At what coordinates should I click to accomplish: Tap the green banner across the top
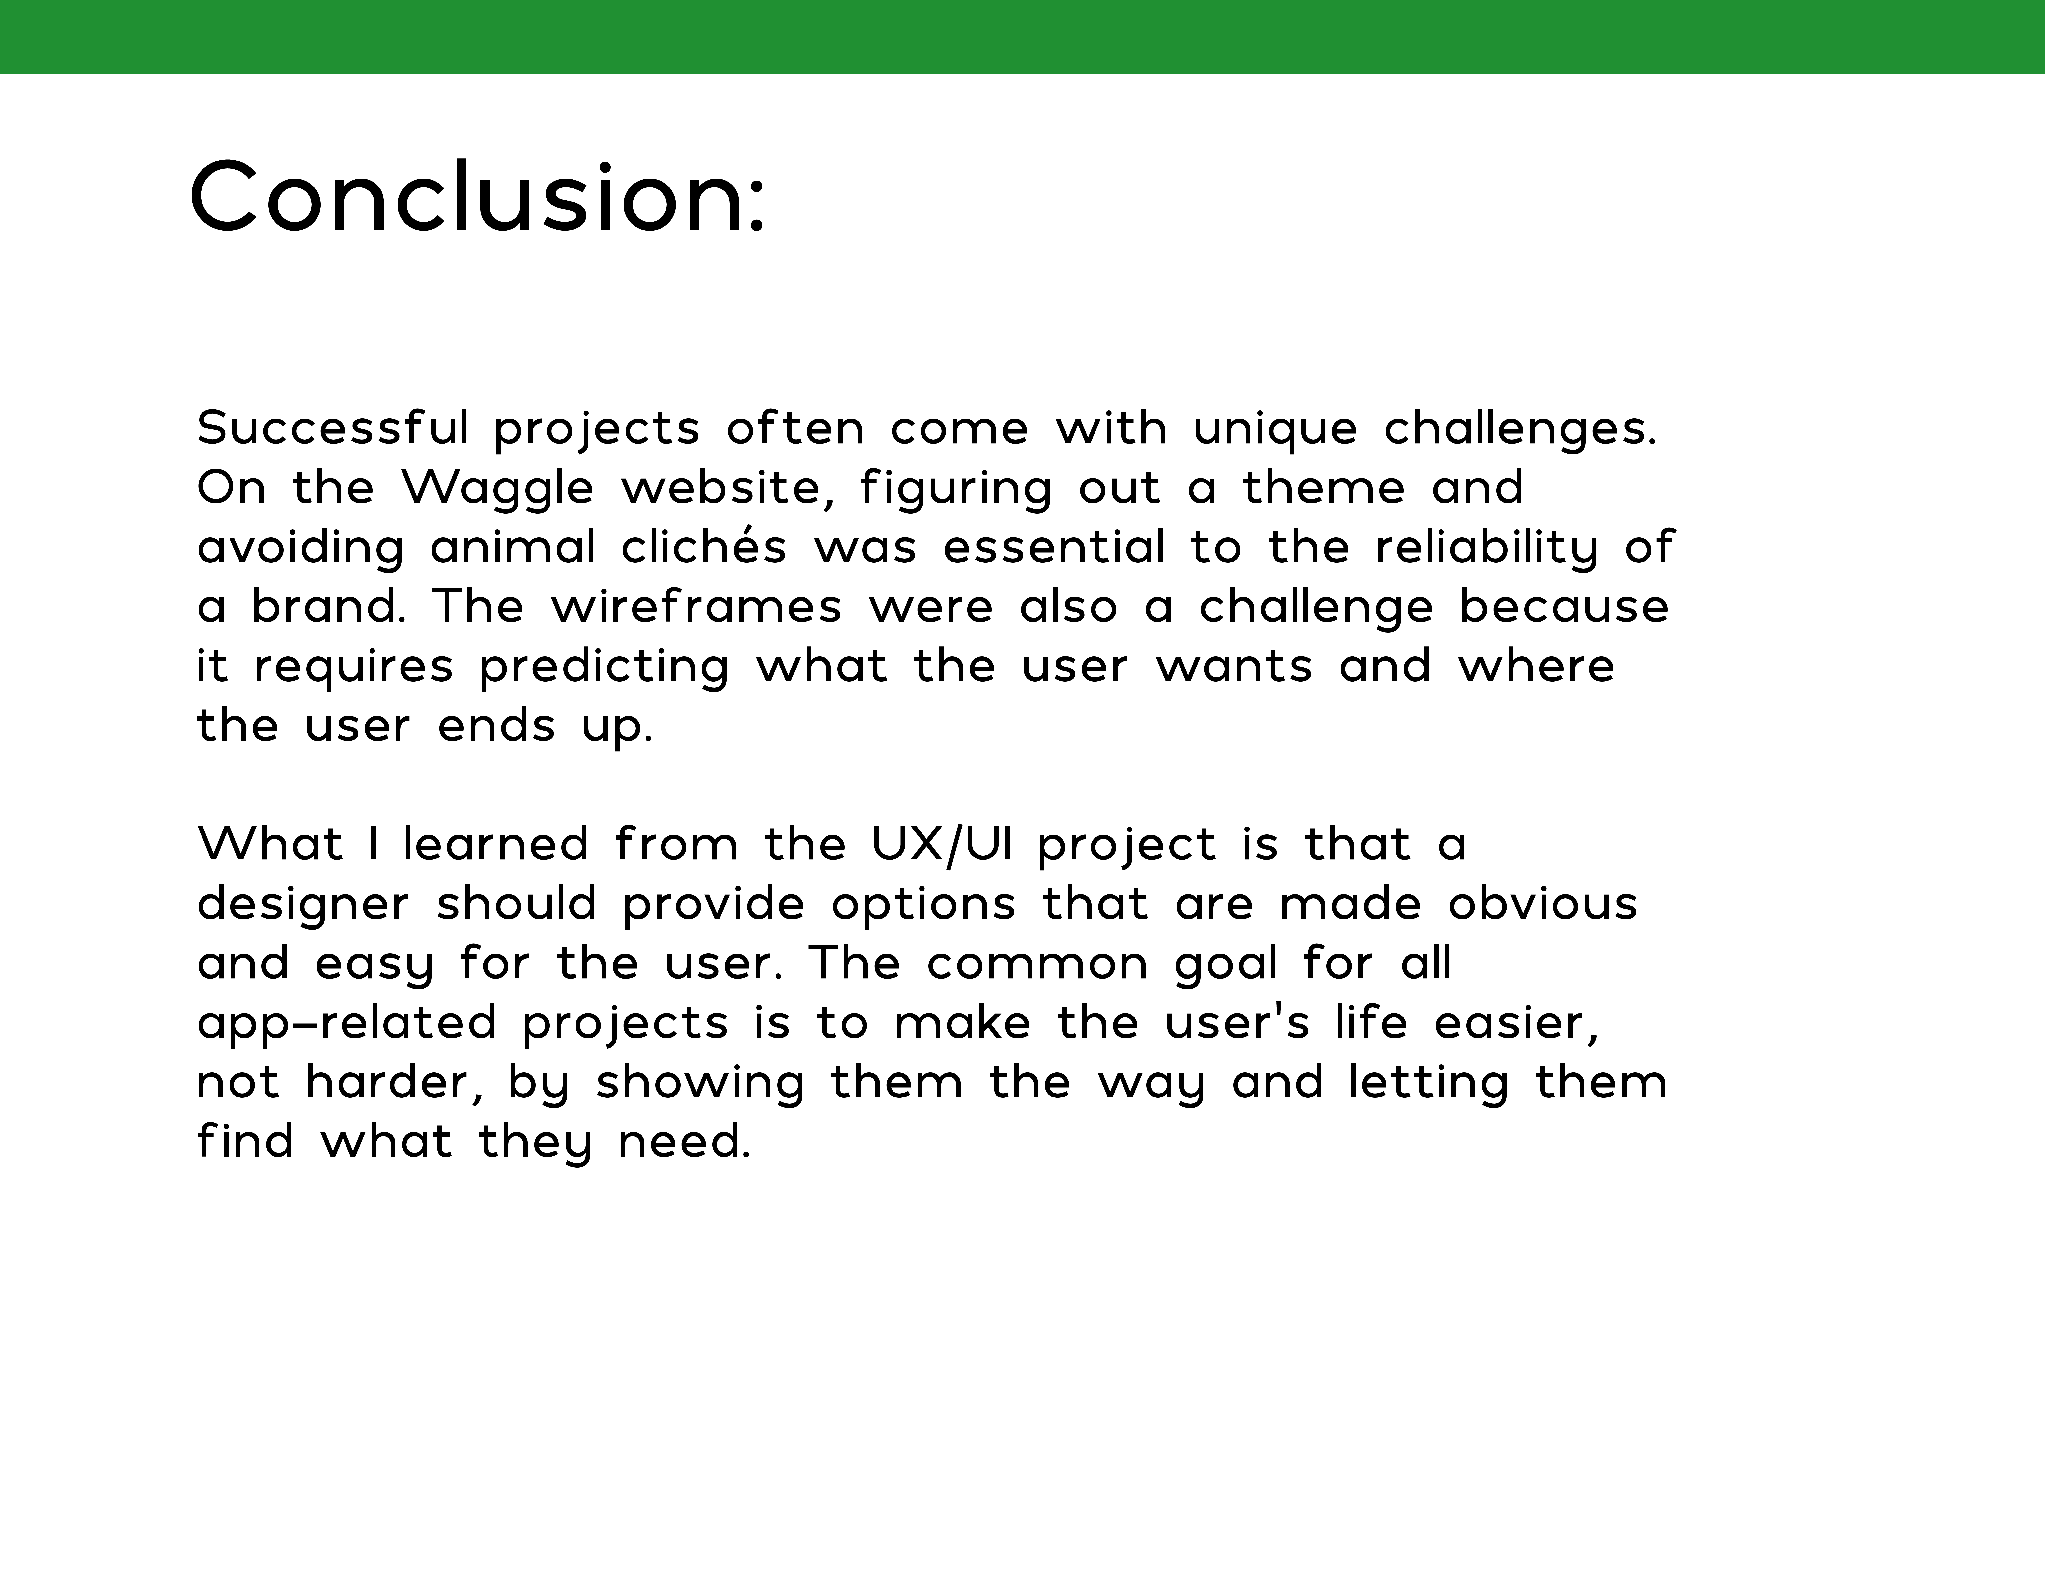coord(1023,36)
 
